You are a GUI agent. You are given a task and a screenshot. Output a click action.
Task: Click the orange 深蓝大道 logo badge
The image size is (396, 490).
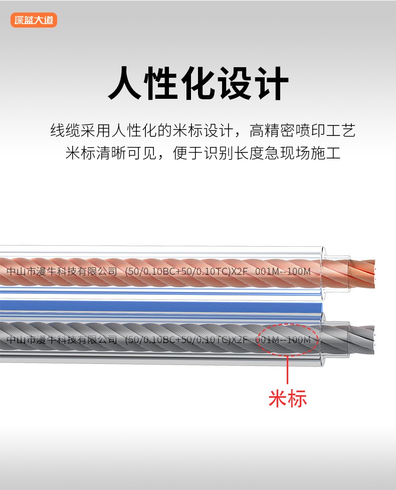tap(34, 20)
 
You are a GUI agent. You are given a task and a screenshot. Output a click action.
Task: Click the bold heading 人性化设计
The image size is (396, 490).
tap(198, 83)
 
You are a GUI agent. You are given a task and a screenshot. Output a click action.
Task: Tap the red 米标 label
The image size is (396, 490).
tap(288, 398)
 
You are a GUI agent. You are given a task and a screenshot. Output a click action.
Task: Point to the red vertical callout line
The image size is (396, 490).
tap(287, 370)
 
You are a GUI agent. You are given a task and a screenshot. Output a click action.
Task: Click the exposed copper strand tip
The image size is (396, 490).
tap(362, 274)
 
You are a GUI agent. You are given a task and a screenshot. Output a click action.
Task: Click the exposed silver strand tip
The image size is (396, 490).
tap(361, 340)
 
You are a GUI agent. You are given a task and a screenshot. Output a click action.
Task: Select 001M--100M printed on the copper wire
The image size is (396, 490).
tap(283, 271)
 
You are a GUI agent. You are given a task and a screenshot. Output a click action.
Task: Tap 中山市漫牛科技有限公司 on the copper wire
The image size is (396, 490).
tap(62, 271)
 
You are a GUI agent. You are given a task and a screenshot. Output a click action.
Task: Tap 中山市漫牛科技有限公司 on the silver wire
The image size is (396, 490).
tap(62, 340)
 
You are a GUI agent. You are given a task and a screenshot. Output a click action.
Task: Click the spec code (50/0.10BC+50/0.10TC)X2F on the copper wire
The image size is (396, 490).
tap(186, 271)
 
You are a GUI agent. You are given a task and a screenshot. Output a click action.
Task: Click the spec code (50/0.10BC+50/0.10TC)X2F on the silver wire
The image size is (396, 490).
tap(186, 340)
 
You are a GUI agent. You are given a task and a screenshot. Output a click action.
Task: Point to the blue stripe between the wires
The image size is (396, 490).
tap(161, 306)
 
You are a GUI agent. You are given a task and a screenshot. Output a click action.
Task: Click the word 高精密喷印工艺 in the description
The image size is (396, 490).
tap(302, 130)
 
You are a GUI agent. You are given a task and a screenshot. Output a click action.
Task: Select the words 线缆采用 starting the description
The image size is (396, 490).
tap(81, 130)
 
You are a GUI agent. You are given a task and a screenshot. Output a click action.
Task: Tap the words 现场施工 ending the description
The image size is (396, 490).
tap(310, 153)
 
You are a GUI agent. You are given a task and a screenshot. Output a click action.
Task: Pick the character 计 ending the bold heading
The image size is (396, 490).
tap(271, 83)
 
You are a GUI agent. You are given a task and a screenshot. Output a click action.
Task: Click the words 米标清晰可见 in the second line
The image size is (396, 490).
tap(111, 153)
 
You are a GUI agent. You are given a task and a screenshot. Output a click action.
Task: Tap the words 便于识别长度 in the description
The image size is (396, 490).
tap(219, 153)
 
